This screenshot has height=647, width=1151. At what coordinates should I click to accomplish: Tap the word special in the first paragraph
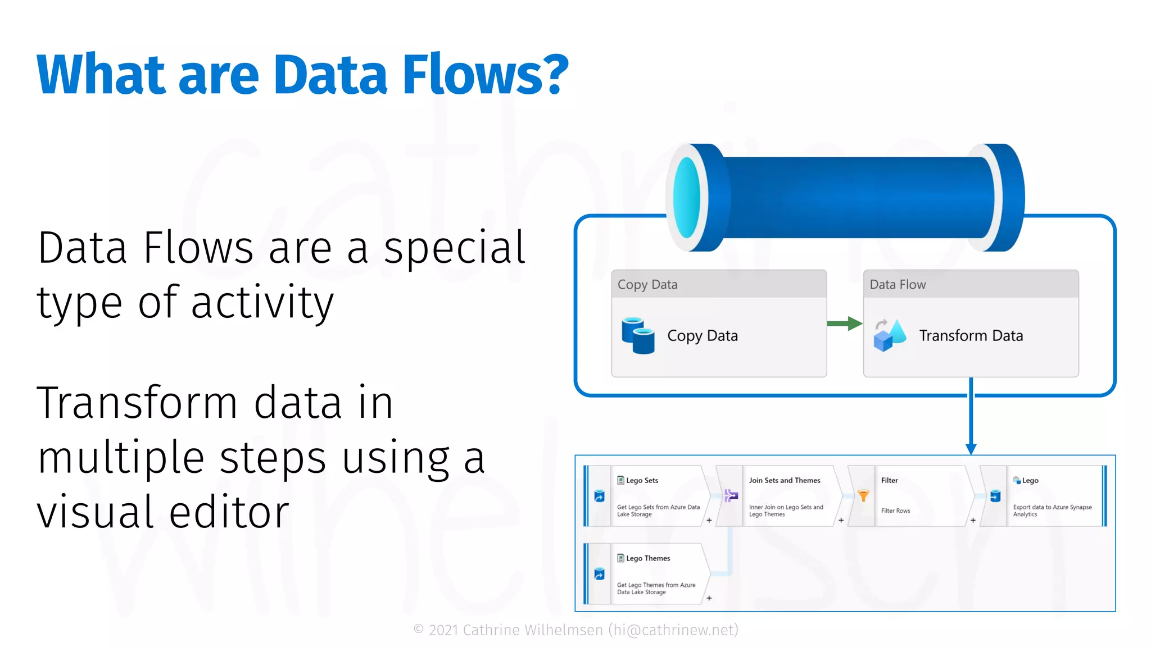pos(454,248)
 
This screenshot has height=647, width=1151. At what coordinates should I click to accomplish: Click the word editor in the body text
pos(229,512)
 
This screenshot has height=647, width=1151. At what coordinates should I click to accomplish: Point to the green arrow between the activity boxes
pos(845,323)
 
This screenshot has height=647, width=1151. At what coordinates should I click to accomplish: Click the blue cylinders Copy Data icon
pos(638,336)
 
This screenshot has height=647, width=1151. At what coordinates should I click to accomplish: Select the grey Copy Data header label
pos(647,285)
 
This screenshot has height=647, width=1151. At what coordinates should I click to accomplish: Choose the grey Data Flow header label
pos(898,285)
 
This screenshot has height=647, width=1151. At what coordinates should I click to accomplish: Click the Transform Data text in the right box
pos(971,336)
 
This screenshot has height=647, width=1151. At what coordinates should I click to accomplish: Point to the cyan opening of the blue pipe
pos(687,198)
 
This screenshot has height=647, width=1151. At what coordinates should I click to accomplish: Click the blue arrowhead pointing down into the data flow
pos(971,449)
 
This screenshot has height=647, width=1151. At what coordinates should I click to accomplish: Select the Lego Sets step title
pos(642,481)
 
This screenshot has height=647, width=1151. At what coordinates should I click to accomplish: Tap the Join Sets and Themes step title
pos(785,481)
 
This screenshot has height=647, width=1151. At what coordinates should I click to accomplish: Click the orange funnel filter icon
pos(863,495)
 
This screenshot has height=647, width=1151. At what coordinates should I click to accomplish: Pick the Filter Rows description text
pos(895,511)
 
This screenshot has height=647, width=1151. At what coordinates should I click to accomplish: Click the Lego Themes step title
pos(648,559)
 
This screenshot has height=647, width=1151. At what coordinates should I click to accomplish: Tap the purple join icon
pos(731,495)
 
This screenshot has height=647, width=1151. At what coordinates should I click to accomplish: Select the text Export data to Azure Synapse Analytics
pos(1052,511)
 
